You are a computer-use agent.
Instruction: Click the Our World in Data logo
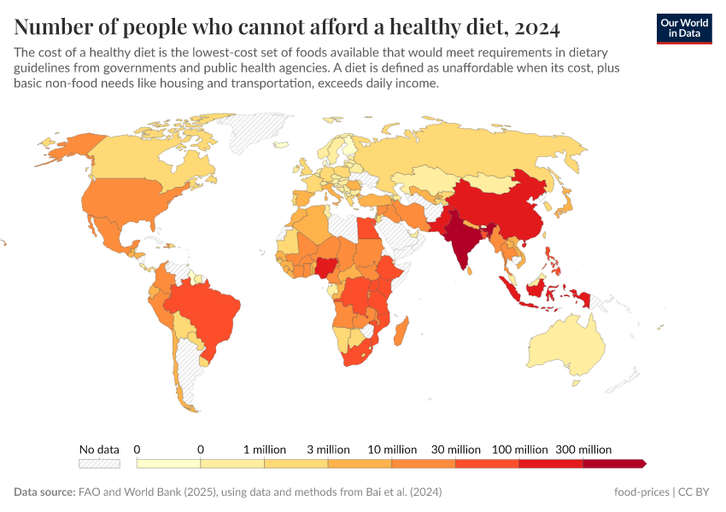coord(683,28)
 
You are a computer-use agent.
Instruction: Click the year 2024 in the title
coord(538,27)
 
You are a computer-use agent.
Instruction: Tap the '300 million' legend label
coord(584,449)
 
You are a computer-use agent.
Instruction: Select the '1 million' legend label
coord(264,449)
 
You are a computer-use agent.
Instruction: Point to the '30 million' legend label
coord(457,449)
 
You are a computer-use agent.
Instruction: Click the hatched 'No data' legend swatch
coord(99,463)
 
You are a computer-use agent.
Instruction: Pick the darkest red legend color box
coord(613,463)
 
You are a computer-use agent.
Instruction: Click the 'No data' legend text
coord(99,449)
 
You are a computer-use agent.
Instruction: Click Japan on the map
coord(564,201)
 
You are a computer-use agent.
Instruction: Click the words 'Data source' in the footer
coord(42,492)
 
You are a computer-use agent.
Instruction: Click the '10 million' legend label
coord(393,449)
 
